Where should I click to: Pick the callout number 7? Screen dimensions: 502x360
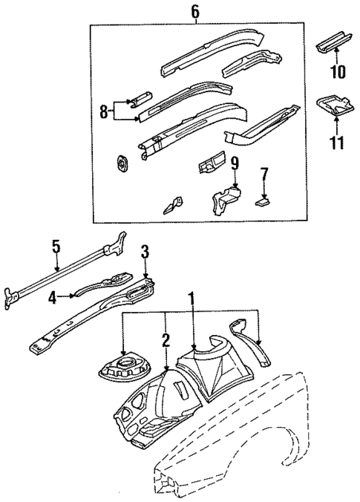click(264, 175)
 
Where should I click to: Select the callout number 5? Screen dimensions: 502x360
click(55, 246)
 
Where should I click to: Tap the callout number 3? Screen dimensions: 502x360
click(145, 252)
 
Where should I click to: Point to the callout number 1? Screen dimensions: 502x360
click(193, 299)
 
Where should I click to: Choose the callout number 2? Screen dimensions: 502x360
click(166, 341)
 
